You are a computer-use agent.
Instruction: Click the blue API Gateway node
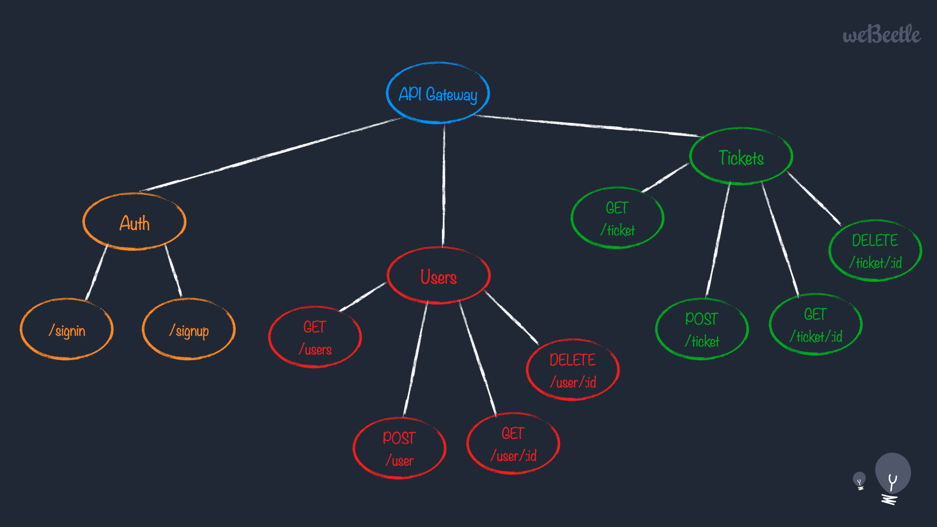coord(438,93)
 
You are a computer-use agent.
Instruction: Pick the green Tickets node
coord(741,157)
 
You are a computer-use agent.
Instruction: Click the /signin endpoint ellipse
coord(67,329)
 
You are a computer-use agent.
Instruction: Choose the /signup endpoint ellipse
coord(189,329)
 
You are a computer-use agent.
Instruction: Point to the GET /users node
coord(315,337)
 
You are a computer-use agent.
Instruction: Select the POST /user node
coord(400,448)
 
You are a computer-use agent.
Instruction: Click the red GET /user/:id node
coord(513,444)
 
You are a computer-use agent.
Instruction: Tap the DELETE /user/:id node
coord(573,370)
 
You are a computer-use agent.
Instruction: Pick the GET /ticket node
coord(618,218)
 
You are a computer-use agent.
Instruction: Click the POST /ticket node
coord(702,329)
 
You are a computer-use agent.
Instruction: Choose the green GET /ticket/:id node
coord(816,324)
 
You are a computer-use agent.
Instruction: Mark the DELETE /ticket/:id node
coord(875,251)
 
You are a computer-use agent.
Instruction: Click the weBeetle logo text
coord(882,34)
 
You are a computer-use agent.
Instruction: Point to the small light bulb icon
coord(859,481)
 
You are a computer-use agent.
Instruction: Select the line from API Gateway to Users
coord(444,185)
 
